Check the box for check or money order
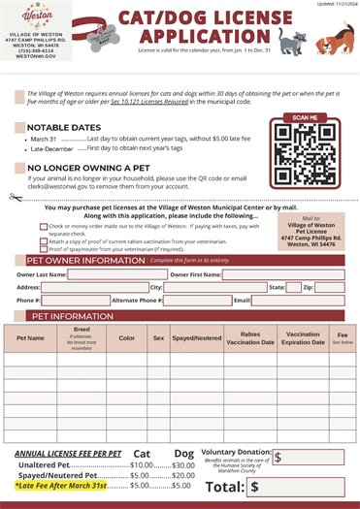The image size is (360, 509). [44, 226]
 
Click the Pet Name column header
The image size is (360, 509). [30, 338]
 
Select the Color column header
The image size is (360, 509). [126, 338]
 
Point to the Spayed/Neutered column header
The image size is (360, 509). [191, 338]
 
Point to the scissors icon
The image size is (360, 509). [13, 198]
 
